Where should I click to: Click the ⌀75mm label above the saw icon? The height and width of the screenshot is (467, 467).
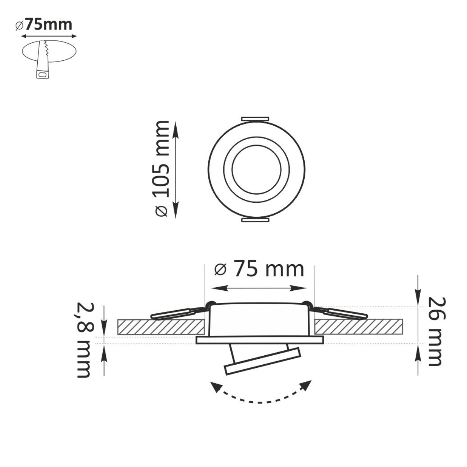click(44, 24)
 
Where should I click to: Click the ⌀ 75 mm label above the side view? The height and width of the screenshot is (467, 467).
click(259, 269)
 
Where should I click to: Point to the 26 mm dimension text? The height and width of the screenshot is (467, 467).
click(435, 331)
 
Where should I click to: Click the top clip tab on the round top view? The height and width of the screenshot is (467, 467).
click(255, 118)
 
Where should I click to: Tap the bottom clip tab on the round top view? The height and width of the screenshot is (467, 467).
click(255, 221)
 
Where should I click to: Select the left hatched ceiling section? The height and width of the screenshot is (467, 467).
click(161, 327)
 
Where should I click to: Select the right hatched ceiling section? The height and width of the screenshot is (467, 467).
click(358, 327)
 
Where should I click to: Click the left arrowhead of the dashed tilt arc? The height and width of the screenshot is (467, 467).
click(213, 386)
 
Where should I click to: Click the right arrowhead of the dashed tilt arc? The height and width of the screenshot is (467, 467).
click(308, 385)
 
